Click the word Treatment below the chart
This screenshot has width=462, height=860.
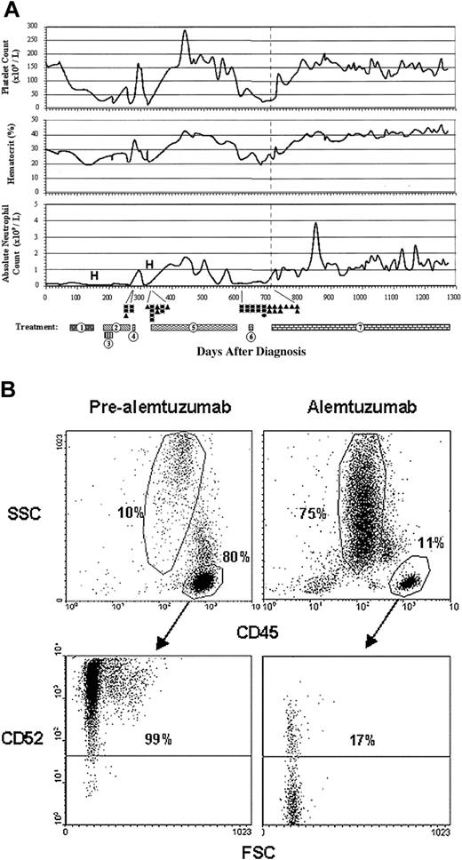point(36,327)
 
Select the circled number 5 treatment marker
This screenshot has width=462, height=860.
point(193,327)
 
